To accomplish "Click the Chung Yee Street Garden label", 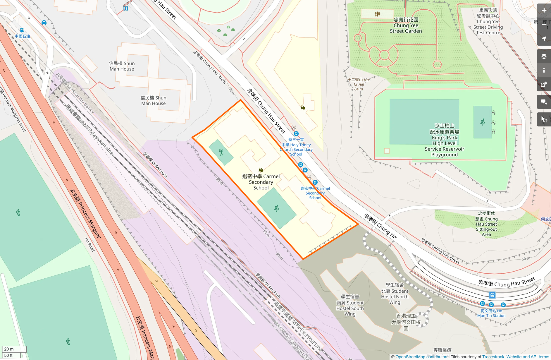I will click(x=406, y=25).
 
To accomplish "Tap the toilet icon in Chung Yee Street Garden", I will click(x=377, y=14).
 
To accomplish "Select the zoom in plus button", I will click(x=544, y=11).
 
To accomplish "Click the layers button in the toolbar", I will click(x=544, y=56).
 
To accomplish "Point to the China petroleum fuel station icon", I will click(x=22, y=30).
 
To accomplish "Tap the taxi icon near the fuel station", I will click(x=44, y=23).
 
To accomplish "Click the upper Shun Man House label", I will click(x=122, y=66).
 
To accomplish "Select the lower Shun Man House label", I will click(x=153, y=100).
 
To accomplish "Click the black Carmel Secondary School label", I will click(x=261, y=182).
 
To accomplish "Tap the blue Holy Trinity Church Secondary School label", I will click(x=296, y=147).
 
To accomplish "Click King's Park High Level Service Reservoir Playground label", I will click(x=444, y=140).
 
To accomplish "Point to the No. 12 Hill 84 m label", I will click(x=359, y=84).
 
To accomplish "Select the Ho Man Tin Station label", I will click(x=491, y=313).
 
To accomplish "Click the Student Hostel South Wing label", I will click(x=350, y=305).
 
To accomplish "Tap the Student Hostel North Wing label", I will click(x=395, y=294).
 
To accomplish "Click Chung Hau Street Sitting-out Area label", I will click(x=486, y=224).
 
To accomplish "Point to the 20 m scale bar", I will click(x=14, y=349).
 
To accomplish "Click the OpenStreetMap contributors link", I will click(x=422, y=357).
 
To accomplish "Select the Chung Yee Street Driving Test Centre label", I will click(x=488, y=21).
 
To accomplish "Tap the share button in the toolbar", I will click(x=544, y=85).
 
